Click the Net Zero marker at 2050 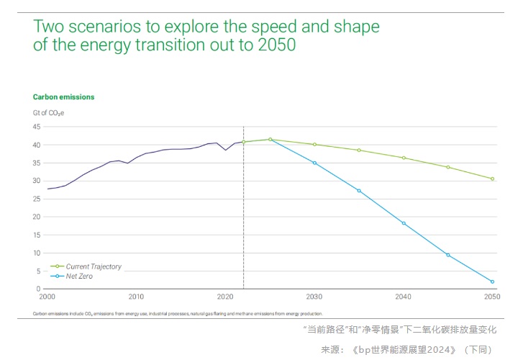click(x=493, y=282)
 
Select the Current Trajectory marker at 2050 click(x=493, y=179)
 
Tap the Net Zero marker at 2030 click(x=314, y=163)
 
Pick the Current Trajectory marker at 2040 click(x=404, y=158)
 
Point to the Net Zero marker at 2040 click(x=404, y=223)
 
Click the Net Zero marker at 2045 click(x=448, y=255)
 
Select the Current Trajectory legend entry click(x=94, y=266)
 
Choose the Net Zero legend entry click(x=79, y=276)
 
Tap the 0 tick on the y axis click(x=38, y=289)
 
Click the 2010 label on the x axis click(x=136, y=297)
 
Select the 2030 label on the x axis click(x=314, y=297)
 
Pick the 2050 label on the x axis click(x=492, y=297)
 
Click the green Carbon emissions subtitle click(x=63, y=96)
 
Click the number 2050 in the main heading click(x=277, y=45)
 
